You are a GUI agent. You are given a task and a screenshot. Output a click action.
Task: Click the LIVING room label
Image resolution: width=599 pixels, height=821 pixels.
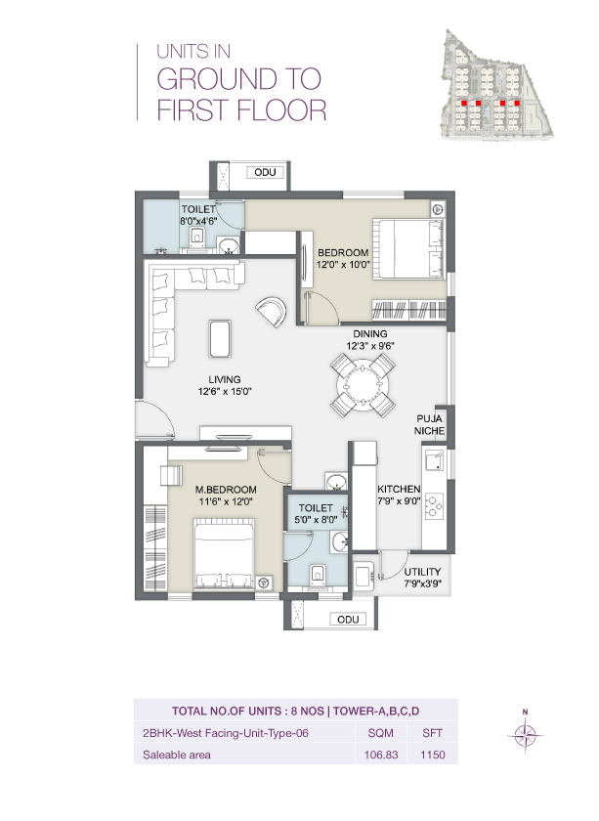(x=224, y=380)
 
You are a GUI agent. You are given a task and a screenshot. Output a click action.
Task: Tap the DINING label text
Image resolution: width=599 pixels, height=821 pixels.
(x=370, y=333)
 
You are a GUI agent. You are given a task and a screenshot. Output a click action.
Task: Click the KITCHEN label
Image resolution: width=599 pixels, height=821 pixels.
(x=399, y=489)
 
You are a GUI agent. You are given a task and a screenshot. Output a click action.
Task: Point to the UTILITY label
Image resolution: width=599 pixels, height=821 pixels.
(x=422, y=572)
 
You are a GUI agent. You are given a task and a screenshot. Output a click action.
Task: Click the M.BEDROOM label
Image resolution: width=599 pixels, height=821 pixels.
(x=225, y=489)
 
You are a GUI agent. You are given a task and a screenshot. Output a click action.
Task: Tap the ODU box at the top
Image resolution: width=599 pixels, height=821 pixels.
(x=267, y=173)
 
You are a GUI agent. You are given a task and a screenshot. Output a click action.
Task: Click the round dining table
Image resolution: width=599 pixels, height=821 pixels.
(x=364, y=385)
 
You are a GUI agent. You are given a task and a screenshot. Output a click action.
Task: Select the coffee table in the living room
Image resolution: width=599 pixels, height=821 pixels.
(x=221, y=339)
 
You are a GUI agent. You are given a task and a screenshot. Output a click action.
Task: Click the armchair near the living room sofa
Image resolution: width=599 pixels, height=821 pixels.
(x=272, y=313)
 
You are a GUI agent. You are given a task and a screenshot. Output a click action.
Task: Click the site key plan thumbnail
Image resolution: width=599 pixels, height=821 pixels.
(x=498, y=82)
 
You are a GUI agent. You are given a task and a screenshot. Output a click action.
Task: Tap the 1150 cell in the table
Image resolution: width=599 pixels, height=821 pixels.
(x=432, y=755)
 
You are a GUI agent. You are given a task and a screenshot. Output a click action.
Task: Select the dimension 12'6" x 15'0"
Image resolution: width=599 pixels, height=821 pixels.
(x=226, y=394)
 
